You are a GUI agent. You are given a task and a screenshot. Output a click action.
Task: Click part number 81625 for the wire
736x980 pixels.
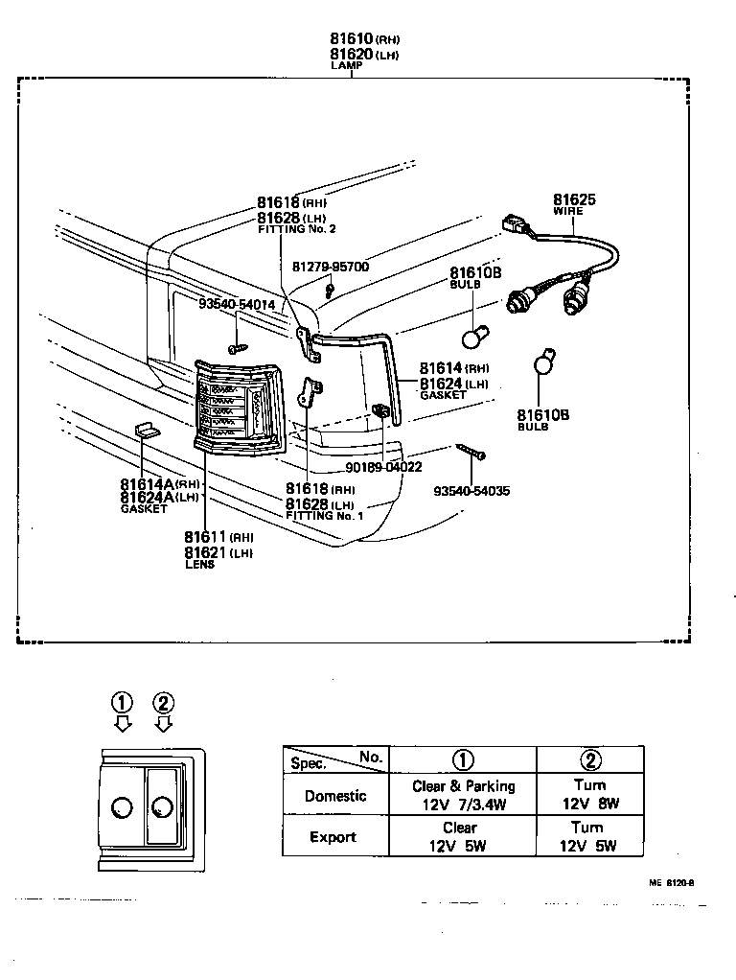coord(573,199)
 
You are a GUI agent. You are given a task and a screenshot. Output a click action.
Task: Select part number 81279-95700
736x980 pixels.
coord(331,267)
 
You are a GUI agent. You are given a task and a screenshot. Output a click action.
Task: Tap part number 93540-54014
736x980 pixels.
coord(237,304)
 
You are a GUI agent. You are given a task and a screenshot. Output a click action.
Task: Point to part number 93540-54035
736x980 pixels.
coord(471,491)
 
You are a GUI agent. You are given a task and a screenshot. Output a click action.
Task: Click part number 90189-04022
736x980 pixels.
coord(383,468)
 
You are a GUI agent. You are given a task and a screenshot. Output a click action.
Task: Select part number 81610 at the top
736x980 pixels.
coord(351,38)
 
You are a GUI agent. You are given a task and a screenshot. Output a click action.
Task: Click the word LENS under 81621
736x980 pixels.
coord(199,565)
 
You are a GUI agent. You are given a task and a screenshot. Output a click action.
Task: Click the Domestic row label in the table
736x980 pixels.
coord(334,795)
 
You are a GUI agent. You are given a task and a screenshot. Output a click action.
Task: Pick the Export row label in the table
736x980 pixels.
coord(333,836)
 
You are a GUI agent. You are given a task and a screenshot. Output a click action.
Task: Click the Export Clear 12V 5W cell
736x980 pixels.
coord(461,836)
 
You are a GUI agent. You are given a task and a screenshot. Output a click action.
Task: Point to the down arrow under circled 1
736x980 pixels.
coord(123,723)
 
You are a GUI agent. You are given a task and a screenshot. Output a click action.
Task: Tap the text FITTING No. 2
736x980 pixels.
coord(297,230)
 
